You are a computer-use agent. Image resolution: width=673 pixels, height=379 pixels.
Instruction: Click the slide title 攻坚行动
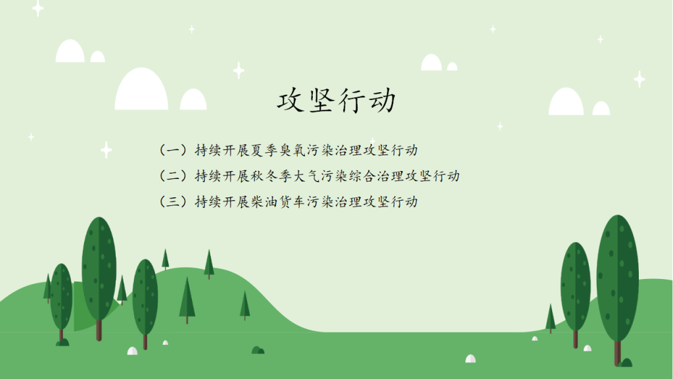coord(336,101)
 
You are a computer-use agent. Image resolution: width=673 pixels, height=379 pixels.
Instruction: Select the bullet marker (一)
coord(173,150)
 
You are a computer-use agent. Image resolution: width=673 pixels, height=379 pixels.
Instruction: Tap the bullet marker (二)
coord(173,176)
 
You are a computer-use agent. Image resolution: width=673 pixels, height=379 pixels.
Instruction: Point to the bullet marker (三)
coord(173,201)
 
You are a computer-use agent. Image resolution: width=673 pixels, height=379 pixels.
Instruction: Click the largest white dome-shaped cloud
coord(141,89)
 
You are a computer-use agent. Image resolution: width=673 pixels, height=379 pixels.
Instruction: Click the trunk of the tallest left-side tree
coord(99,330)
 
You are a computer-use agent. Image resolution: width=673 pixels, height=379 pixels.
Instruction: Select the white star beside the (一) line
coord(106,150)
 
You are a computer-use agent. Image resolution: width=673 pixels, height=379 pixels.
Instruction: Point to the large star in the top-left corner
coord(37,8)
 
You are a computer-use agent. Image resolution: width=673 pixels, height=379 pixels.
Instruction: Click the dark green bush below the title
coord(258,350)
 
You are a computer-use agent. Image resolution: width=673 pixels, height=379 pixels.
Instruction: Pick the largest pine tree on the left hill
coord(187,300)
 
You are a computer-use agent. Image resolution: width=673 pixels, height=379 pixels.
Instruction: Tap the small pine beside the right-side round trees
coord(551,318)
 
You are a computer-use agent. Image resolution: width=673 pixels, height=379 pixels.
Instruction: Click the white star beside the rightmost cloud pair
coord(639,79)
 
